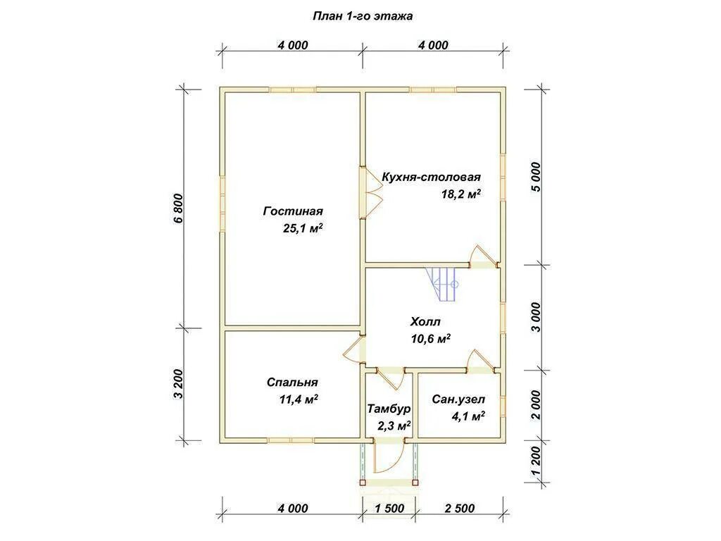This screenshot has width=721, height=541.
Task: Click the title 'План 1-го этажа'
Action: coord(363,16)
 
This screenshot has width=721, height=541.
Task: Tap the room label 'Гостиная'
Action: coord(293,211)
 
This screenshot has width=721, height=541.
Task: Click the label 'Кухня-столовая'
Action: coord(431,177)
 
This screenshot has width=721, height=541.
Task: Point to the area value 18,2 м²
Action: coord(460,194)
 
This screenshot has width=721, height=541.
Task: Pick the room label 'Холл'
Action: coord(425,321)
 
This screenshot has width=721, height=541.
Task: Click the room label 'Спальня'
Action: coord(292,383)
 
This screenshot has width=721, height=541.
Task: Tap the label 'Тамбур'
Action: coord(389,409)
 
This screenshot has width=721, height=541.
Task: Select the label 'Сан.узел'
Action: coord(458,399)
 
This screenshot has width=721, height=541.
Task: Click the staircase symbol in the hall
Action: coord(442,285)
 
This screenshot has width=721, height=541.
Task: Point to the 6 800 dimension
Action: coord(178,209)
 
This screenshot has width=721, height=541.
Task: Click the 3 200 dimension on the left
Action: coord(178,384)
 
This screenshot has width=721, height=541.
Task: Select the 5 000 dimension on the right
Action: coord(536,177)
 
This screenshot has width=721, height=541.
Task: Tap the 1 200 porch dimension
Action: coord(536,462)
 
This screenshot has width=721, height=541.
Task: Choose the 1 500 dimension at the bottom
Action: coord(389,509)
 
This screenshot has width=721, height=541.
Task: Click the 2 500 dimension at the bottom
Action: coord(459,509)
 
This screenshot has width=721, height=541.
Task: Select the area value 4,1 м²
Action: coord(468,417)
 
